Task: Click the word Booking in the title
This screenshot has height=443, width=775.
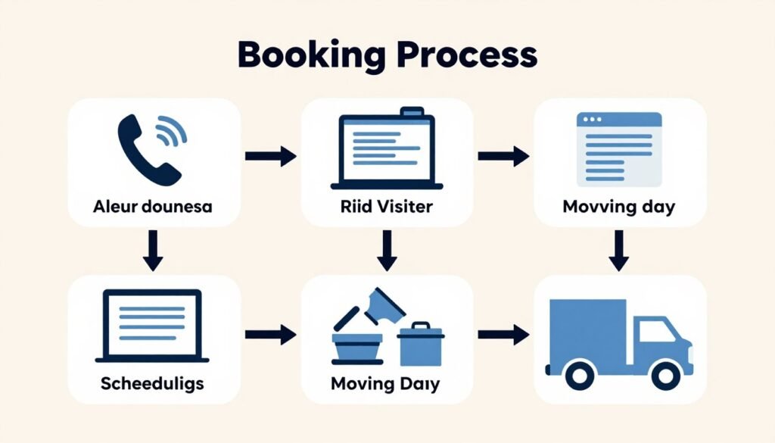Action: click(x=311, y=55)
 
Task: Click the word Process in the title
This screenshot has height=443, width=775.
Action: click(x=467, y=55)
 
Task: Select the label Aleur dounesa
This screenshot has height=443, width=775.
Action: click(x=153, y=206)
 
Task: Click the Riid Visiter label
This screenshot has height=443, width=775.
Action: click(x=387, y=206)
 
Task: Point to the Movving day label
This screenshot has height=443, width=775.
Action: click(x=619, y=206)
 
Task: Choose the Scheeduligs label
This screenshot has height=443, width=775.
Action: click(x=152, y=383)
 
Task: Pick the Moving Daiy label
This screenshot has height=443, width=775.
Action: click(x=385, y=384)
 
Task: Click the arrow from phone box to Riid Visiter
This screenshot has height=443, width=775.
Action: click(x=271, y=156)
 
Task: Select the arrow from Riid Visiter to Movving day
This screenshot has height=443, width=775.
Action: click(x=503, y=156)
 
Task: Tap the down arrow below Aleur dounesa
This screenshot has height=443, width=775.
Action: click(x=153, y=251)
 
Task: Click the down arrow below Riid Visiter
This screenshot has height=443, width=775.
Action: click(x=387, y=251)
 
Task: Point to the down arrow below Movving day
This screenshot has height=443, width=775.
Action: click(x=619, y=251)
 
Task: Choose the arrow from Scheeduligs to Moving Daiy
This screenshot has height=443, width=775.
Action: click(x=271, y=335)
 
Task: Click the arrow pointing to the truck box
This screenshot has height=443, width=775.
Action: click(x=503, y=335)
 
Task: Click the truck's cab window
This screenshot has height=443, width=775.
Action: click(x=657, y=331)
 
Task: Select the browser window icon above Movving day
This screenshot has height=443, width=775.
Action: click(x=619, y=149)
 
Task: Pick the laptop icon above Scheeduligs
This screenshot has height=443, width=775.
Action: click(x=152, y=326)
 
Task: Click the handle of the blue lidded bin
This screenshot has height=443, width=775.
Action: click(x=421, y=326)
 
